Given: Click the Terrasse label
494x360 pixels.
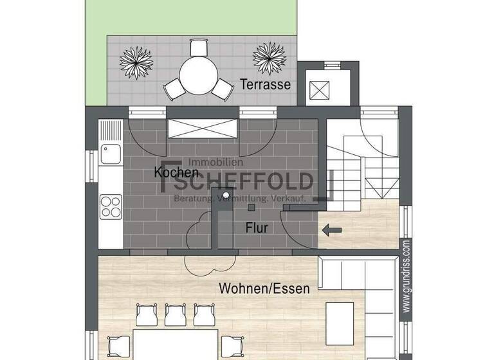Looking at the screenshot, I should [266, 84].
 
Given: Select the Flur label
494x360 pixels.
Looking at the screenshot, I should [256, 228].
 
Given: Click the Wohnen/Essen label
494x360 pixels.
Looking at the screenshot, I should [264, 288].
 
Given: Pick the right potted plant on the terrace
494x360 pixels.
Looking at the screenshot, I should [270, 59].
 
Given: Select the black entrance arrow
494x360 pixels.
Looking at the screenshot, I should [332, 229].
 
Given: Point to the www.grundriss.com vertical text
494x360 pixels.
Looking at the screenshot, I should [406, 276].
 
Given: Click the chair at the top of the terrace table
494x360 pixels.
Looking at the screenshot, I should [199, 48].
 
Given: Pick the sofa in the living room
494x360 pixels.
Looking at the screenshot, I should [360, 283].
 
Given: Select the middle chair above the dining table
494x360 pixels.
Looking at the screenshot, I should [175, 314].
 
